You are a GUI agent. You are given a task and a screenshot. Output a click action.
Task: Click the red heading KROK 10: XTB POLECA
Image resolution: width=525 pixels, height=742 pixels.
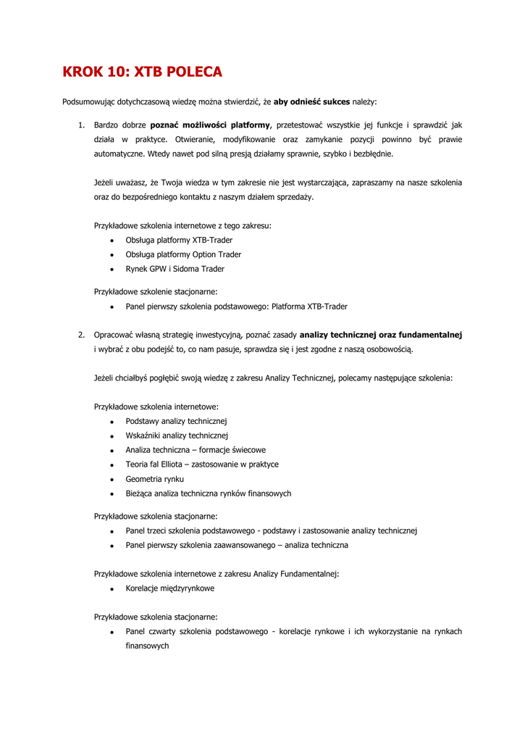(143, 72)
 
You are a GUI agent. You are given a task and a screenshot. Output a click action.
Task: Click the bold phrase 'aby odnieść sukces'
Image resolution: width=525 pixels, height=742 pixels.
(311, 101)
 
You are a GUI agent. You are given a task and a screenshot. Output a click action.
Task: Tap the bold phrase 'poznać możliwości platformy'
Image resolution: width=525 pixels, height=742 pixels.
(210, 125)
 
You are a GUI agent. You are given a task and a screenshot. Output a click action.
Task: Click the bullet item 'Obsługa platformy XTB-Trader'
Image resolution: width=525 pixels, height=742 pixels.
(179, 240)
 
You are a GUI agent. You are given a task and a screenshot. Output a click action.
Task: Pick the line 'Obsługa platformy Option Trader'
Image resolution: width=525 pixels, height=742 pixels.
(183, 254)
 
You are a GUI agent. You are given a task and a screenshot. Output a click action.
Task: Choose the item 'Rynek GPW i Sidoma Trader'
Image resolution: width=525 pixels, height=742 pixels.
(175, 269)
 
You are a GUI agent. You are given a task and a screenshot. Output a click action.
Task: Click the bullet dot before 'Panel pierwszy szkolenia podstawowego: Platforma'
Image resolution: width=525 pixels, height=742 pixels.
(112, 307)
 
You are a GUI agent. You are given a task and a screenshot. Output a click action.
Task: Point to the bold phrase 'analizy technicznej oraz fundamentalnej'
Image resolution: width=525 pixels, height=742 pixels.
(381, 335)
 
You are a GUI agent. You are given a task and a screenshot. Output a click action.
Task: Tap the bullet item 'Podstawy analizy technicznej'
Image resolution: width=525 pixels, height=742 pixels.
(177, 421)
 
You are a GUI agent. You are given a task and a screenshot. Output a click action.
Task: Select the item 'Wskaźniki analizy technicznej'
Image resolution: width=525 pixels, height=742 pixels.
(177, 435)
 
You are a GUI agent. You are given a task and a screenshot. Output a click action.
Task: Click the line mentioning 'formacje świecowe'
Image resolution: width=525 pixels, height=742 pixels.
(196, 450)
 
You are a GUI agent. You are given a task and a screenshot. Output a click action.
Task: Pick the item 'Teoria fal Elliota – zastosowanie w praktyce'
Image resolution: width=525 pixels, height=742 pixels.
(202, 464)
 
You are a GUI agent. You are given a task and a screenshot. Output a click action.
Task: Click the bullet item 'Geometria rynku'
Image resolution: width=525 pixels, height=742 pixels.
(154, 479)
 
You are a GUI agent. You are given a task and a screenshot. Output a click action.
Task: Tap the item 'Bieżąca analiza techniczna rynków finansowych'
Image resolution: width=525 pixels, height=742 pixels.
(209, 493)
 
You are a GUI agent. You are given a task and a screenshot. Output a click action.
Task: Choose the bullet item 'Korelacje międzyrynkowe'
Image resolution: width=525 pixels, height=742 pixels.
(169, 588)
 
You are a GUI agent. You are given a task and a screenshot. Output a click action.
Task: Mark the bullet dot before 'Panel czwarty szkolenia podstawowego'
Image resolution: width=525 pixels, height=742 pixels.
(112, 633)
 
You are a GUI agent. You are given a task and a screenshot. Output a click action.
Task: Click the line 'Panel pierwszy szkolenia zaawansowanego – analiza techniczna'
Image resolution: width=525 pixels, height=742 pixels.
(237, 545)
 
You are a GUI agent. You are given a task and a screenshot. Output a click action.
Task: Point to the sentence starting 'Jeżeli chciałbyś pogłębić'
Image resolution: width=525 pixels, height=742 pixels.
(273, 378)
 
